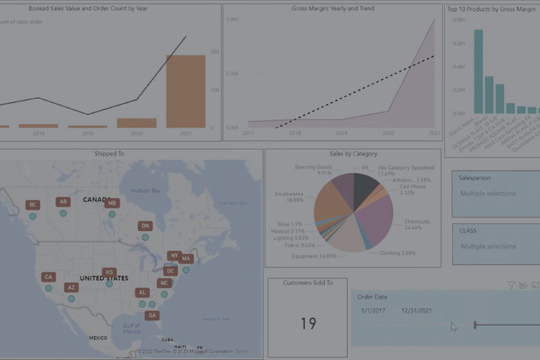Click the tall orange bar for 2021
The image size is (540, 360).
(185, 91)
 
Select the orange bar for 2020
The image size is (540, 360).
(137, 123)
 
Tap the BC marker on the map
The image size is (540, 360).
(32, 205)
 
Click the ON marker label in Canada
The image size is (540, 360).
(145, 226)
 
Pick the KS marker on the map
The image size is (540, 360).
(109, 273)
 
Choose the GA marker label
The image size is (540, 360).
(151, 315)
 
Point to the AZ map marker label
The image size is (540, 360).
(71, 287)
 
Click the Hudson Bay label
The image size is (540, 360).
(146, 191)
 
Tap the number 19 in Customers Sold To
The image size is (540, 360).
(308, 324)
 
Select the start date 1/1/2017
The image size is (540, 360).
(374, 310)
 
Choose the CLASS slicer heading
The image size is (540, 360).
(468, 231)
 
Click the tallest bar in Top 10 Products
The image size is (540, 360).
(478, 71)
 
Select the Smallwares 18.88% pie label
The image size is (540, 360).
(289, 197)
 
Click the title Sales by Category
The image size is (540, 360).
(353, 153)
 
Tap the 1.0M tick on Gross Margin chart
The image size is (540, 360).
(232, 19)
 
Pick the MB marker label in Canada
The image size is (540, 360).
(111, 204)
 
